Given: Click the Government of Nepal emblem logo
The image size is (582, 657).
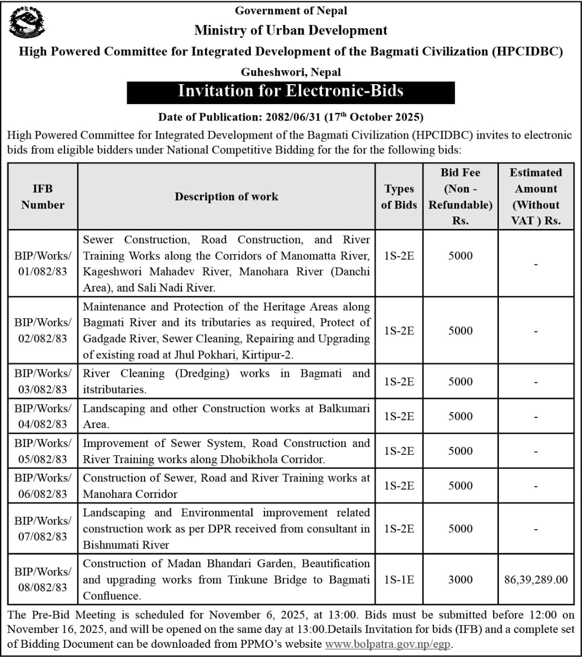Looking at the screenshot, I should pos(26,23).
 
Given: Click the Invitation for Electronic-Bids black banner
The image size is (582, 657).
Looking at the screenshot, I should pos(291,91).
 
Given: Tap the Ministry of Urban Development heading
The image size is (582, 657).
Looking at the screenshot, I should pos(291,30).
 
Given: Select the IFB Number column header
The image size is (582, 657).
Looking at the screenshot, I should pos(43,197).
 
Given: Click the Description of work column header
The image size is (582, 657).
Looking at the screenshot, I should pos(226,197).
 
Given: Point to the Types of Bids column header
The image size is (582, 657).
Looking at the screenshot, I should pos(398,197).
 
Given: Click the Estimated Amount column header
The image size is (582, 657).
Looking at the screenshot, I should pos(535,197).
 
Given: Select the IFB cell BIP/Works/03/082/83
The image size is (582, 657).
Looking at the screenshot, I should pos(43,381).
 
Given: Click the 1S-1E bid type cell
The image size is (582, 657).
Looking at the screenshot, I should pos(398,579).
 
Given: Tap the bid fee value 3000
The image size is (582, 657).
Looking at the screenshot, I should pos(460,579).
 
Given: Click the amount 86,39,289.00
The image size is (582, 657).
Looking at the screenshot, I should pos(535,579).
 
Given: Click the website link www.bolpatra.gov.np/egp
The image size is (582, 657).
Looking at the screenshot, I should pos(389,644).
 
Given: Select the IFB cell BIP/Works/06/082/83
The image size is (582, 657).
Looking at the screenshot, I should pos(43,486).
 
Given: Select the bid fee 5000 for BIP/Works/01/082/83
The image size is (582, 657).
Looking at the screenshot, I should pos(460,256).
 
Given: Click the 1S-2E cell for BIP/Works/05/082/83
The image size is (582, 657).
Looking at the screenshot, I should pos(398,451).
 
